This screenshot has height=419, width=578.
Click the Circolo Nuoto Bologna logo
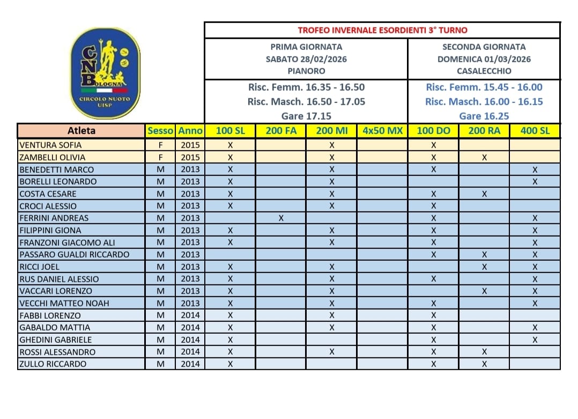coord(105,73)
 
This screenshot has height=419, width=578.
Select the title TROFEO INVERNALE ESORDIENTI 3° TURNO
coord(382,30)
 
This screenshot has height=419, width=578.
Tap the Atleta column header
coord(81,130)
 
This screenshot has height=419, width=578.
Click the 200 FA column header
coord(281,130)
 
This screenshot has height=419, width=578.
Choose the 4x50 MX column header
coord(382,130)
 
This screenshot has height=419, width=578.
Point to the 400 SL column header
coord(535,130)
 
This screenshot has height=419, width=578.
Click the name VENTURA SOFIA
coord(50,145)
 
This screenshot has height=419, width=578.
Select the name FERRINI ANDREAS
coord(54,218)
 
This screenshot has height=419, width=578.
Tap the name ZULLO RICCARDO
coord(53,364)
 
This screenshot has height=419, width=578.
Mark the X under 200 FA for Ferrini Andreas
coord(281,218)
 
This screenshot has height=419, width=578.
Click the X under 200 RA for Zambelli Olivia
coord(484,157)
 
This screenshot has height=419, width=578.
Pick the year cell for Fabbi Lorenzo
coord(190,315)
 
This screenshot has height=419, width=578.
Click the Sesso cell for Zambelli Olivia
coord(160,157)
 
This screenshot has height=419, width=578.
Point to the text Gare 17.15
coord(306,116)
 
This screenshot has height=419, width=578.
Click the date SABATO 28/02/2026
coord(306,59)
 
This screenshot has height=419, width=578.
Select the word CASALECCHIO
coord(484,71)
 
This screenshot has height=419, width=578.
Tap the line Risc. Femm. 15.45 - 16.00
coord(484,87)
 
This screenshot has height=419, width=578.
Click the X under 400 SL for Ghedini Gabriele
coord(535,340)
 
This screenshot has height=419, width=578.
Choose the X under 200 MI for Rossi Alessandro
coord(332,352)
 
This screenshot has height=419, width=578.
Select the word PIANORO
coord(306,71)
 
